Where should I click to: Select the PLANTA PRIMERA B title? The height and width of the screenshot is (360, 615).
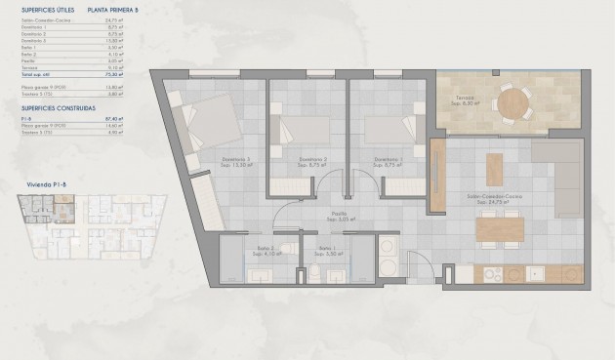pos(111,9)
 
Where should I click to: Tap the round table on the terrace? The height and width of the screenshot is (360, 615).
pos(512,100)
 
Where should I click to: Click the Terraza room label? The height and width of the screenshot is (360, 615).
pos(464,99)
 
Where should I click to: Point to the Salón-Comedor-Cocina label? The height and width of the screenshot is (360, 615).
pos(495,196)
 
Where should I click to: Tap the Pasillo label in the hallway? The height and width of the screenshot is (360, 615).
pos(339,213)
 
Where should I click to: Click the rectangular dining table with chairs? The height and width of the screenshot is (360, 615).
pos(499,227)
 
